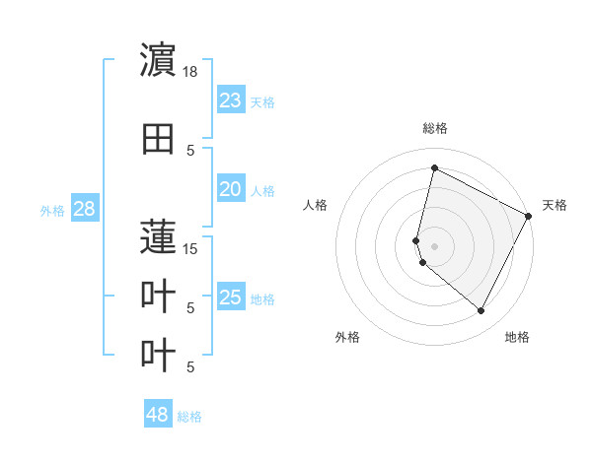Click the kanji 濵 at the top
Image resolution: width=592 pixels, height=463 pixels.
159,61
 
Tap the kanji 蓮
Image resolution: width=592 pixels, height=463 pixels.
159,237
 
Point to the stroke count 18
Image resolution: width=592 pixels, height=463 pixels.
190,71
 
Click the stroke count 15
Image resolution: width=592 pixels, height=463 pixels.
190,248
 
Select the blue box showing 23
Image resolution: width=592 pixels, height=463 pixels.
231,100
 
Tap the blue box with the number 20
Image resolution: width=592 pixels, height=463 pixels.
231,189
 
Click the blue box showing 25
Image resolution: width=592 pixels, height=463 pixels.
231,298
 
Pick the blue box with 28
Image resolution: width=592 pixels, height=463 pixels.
84,209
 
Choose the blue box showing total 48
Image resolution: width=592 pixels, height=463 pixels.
158,415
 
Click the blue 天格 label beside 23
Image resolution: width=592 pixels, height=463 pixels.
262,101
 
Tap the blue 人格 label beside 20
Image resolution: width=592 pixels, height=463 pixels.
262,190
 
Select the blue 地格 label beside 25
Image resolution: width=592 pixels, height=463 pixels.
262,298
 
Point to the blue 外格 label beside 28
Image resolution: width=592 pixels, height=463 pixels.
52,210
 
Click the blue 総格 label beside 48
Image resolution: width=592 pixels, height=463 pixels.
189,416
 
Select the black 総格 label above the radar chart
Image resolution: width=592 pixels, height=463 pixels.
434,129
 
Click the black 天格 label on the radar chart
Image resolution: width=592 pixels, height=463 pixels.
555,205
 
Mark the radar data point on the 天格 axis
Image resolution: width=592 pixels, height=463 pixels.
529,216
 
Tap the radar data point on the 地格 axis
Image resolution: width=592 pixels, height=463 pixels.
481,311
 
